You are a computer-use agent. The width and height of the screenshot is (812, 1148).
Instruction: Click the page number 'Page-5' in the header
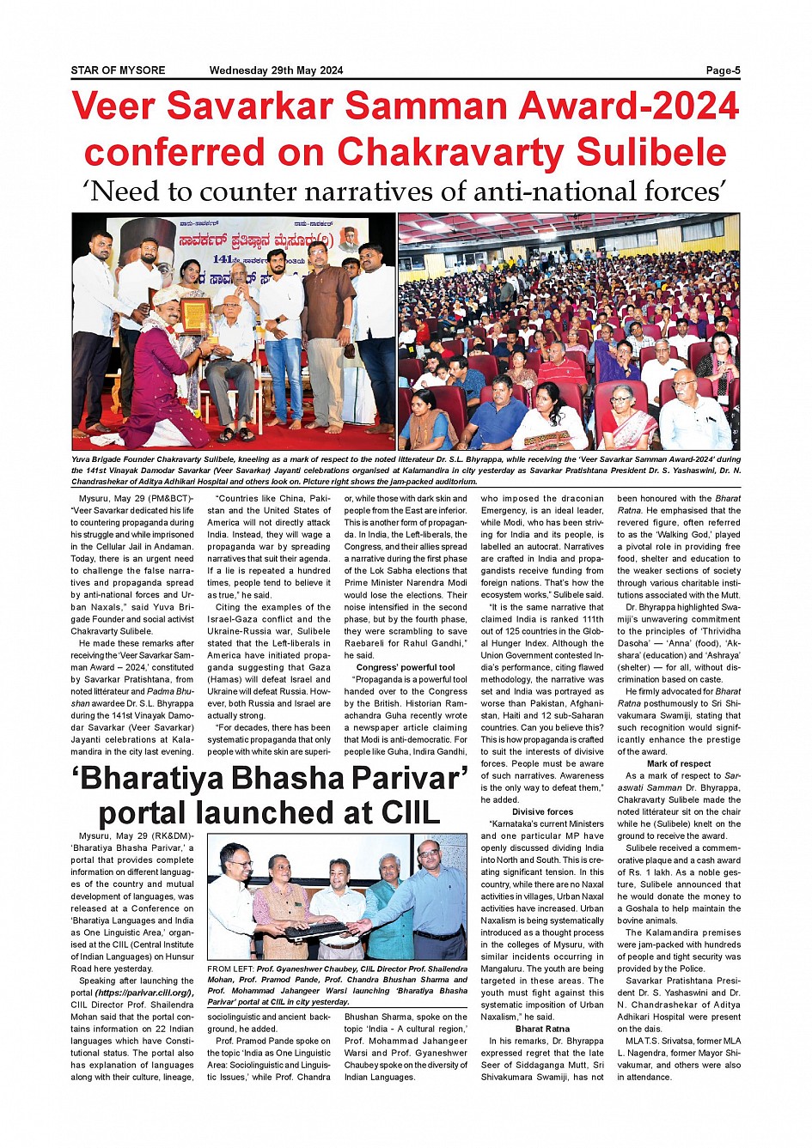723,71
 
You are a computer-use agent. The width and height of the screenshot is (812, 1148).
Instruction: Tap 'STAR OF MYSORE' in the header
118,71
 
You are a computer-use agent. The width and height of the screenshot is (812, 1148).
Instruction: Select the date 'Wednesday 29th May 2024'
276,71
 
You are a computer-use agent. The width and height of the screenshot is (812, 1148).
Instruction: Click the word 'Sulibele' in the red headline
651,152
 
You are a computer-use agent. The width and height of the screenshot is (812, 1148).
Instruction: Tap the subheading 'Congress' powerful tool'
406,667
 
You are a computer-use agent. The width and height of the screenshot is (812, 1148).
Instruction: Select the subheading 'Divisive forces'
542,811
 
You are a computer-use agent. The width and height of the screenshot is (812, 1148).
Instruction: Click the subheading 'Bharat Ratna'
542,1029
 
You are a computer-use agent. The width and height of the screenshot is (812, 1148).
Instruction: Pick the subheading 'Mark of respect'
679,763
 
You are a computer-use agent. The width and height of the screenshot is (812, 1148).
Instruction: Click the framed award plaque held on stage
195,317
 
